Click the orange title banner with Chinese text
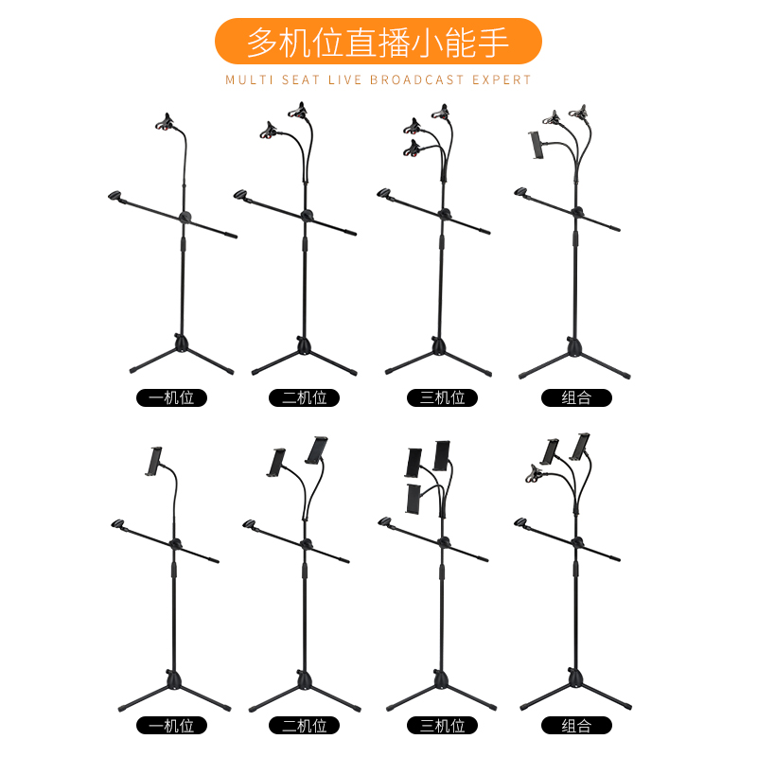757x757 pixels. click(378, 42)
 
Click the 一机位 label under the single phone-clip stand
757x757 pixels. click(171, 397)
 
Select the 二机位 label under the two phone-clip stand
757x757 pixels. click(305, 397)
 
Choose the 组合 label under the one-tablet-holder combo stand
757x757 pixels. click(576, 397)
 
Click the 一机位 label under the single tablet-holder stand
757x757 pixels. click(171, 726)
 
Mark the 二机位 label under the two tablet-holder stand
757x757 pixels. click(305, 726)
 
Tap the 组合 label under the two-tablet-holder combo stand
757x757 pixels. click(576, 726)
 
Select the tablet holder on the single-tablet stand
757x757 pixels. click(152, 460)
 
